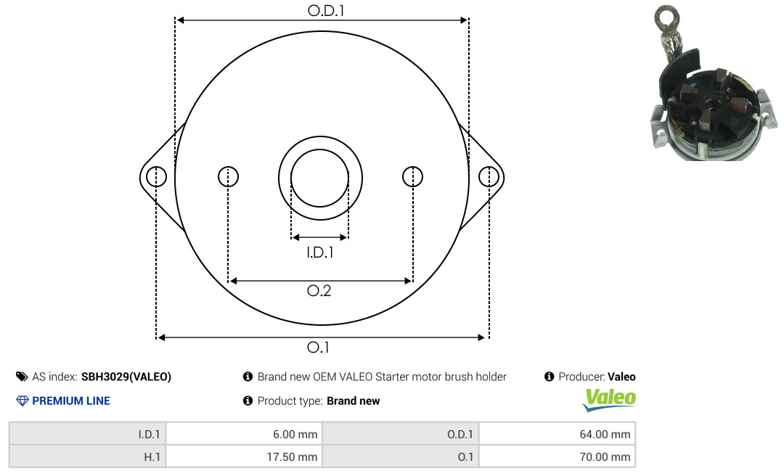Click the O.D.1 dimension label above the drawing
(326, 10)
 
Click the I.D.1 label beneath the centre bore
(320, 253)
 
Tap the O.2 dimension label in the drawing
(319, 290)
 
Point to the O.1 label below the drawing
(318, 347)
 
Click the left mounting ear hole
(157, 176)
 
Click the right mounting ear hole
(489, 176)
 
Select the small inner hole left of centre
(228, 176)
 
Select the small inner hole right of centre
(412, 176)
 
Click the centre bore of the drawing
(320, 178)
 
